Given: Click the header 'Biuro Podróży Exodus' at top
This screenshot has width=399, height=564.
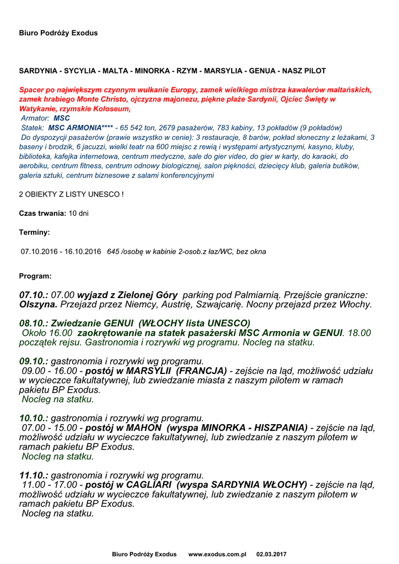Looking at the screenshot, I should coord(58,33).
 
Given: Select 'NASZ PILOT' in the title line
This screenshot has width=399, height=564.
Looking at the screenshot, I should coord(304,71).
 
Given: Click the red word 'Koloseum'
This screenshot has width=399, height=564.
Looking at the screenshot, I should coord(110,109).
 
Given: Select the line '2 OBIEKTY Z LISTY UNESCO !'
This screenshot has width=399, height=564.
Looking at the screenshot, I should coord(71,194).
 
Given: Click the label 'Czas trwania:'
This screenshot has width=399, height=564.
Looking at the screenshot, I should coord(43,213).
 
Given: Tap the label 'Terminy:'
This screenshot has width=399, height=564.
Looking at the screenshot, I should coord(35,232).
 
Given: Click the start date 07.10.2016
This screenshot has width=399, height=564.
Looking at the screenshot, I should coord(40,252).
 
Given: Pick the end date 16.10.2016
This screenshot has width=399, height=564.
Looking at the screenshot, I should coord(83,252).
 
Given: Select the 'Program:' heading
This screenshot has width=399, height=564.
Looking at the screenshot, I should coord(35,276).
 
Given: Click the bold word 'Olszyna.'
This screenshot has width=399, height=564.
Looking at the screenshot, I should coord(39,304).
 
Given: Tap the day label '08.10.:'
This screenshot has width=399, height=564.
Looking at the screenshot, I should coord(34,323).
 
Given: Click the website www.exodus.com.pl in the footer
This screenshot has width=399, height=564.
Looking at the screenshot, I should coord(217,554).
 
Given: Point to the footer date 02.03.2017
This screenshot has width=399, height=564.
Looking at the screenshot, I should coord(271,554).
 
